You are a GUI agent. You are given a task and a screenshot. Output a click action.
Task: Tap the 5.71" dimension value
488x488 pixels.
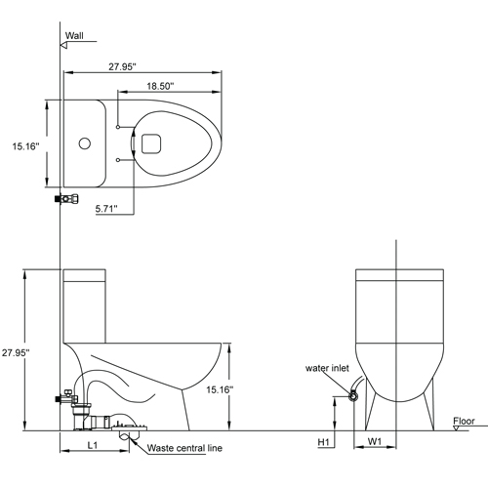tap(108, 208)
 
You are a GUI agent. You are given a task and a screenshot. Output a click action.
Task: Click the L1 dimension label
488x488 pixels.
tap(90, 445)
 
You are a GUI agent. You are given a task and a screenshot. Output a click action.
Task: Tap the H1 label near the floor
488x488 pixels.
tap(327, 442)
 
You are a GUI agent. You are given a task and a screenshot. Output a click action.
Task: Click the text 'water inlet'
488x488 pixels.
tap(327, 369)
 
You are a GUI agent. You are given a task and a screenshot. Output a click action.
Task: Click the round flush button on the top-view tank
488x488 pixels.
tap(84, 144)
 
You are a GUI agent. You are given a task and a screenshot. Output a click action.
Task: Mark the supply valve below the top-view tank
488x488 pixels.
tap(66, 198)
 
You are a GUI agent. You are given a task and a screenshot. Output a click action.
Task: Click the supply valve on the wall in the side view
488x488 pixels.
tap(66, 397)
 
